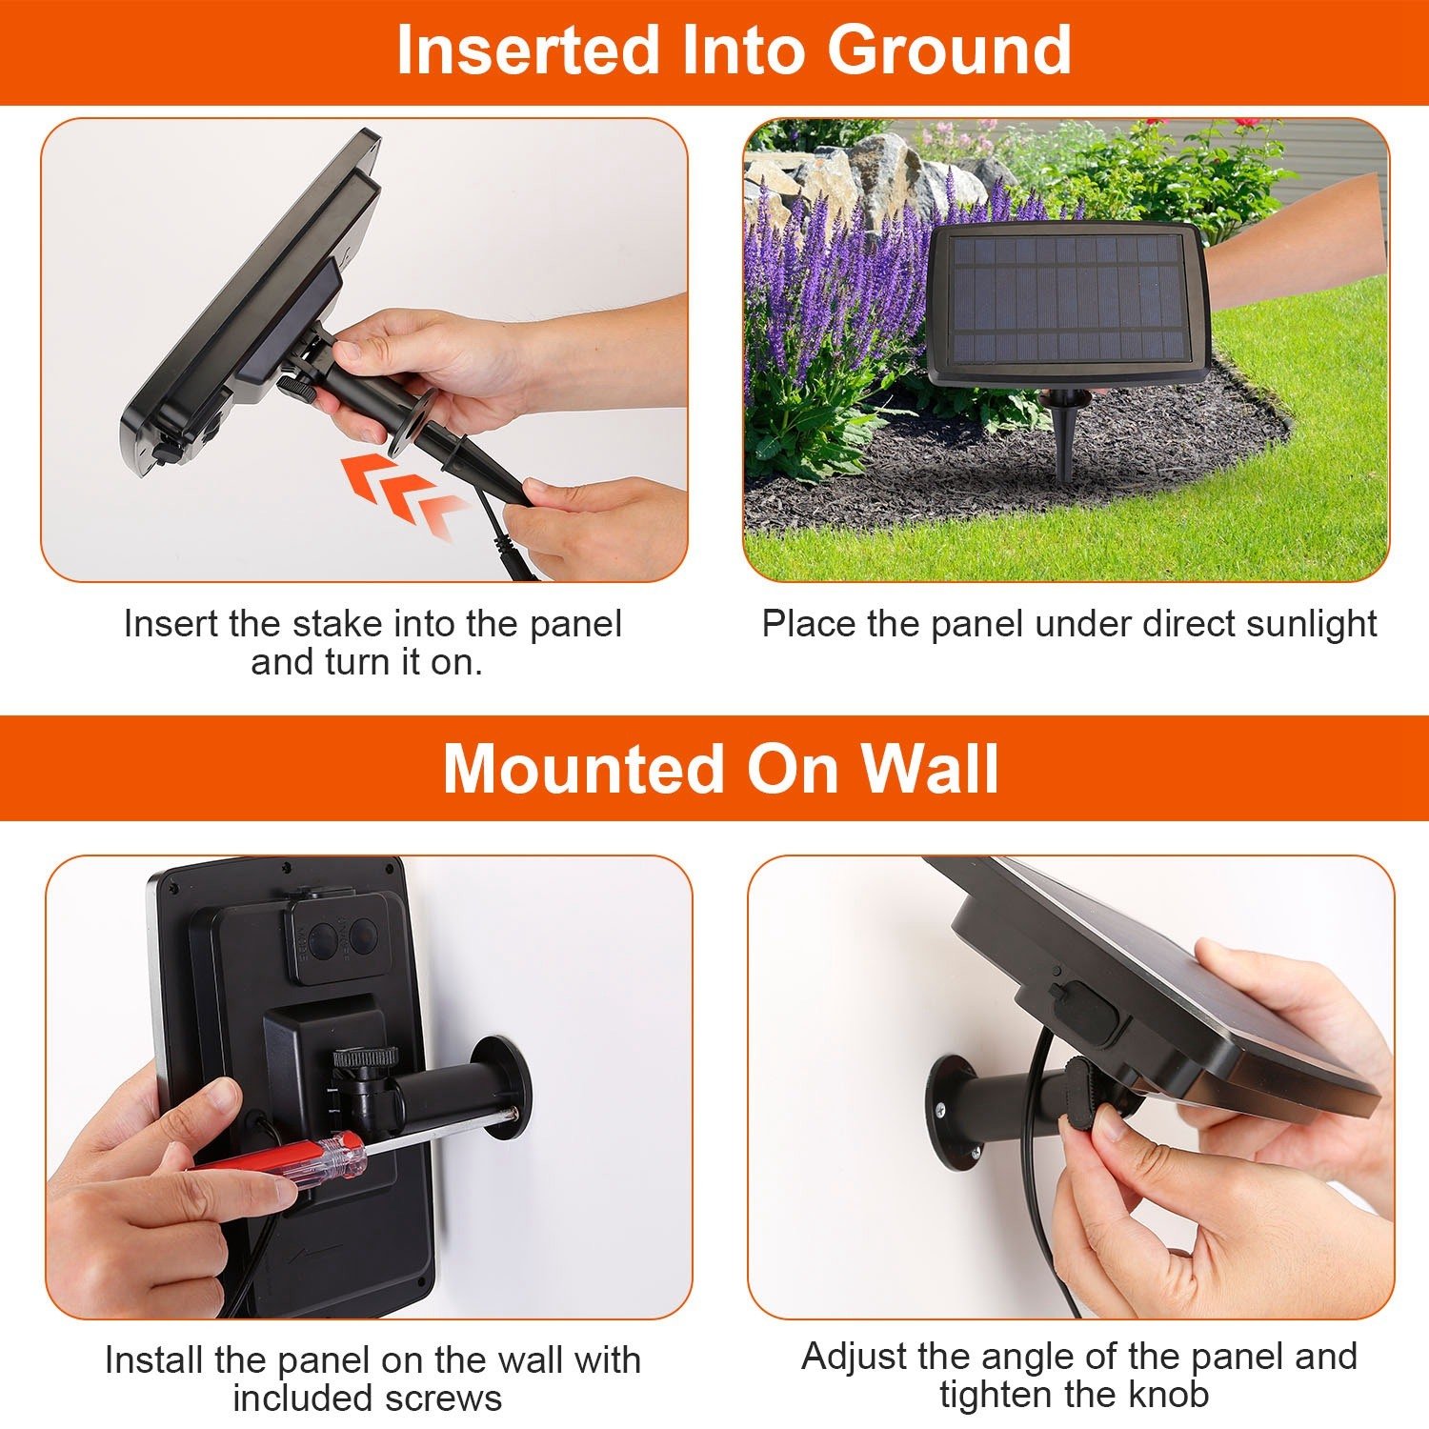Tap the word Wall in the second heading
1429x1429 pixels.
(930, 768)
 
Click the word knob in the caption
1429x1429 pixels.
(1169, 1394)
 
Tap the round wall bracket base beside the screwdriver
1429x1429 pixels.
(501, 1085)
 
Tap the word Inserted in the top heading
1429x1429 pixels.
(528, 51)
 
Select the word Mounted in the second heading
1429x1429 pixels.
(583, 768)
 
